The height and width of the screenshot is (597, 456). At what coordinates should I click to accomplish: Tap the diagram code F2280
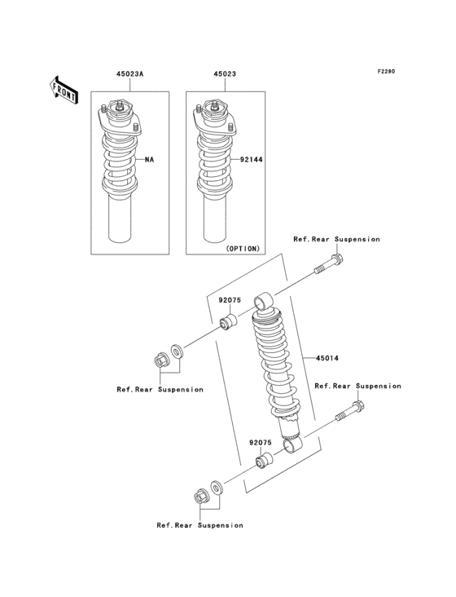(x=385, y=72)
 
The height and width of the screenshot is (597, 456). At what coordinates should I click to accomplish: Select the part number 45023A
(x=129, y=73)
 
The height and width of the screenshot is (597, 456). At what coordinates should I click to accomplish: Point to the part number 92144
(x=248, y=160)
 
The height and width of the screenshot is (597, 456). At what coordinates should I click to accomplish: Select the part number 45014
(x=318, y=358)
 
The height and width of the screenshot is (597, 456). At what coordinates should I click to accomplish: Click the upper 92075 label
(x=229, y=299)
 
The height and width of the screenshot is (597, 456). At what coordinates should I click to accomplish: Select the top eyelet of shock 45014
(x=264, y=303)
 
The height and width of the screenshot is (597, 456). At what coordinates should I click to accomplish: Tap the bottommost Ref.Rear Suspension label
(x=199, y=525)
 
